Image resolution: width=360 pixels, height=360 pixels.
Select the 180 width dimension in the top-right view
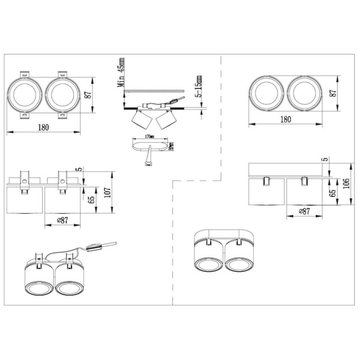pos(285,120)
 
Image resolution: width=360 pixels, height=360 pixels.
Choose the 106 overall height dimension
pos(345,182)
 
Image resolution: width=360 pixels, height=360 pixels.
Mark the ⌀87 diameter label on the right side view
pos(305,211)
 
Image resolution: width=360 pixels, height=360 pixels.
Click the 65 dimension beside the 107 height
pos(92,200)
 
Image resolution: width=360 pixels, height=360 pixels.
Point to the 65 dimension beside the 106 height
pos(332,192)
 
